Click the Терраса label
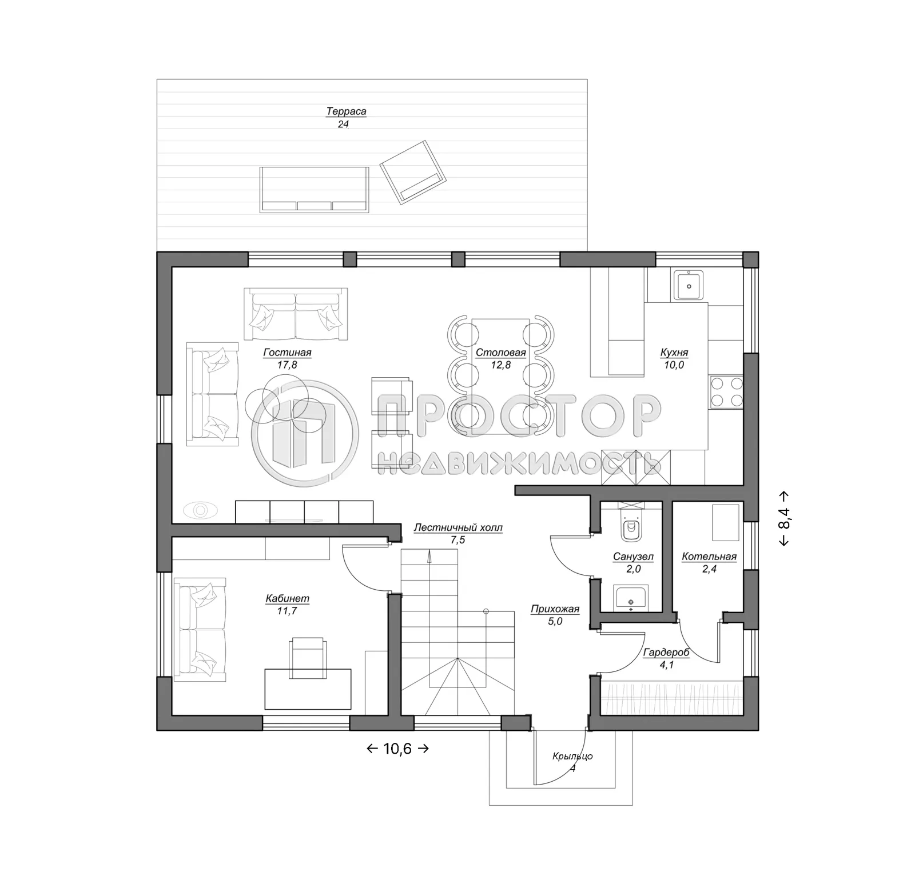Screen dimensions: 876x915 (x=346, y=111)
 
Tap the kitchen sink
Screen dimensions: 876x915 (x=689, y=285)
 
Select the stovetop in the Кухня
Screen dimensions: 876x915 (x=726, y=391)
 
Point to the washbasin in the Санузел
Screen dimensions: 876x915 (x=631, y=598)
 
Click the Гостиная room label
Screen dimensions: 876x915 (x=287, y=353)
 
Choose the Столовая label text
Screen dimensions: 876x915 (x=500, y=353)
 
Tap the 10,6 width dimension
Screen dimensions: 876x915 (x=397, y=749)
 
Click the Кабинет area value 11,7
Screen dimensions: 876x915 (x=287, y=611)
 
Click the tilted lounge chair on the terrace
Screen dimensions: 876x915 (x=413, y=171)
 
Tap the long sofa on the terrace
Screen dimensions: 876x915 (x=314, y=190)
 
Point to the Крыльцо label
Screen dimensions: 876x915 (x=572, y=756)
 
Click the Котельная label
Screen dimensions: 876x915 (x=709, y=556)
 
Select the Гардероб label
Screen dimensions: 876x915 (x=666, y=653)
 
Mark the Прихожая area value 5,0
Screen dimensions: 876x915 (x=555, y=621)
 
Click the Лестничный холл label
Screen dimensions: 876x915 (x=458, y=527)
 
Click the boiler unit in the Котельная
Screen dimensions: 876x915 (x=725, y=522)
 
